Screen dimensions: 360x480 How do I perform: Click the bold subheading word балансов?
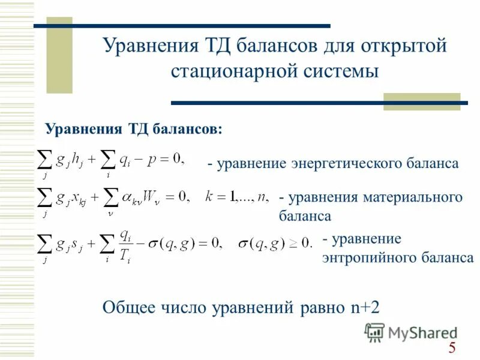[187, 128]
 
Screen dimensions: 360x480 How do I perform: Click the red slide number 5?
[452, 347]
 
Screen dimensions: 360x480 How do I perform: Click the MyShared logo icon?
[374, 332]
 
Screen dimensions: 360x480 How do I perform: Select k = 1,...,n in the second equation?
[236, 196]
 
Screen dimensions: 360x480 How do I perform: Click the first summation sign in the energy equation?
[44, 160]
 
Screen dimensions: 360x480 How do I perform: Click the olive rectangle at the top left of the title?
[59, 55]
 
